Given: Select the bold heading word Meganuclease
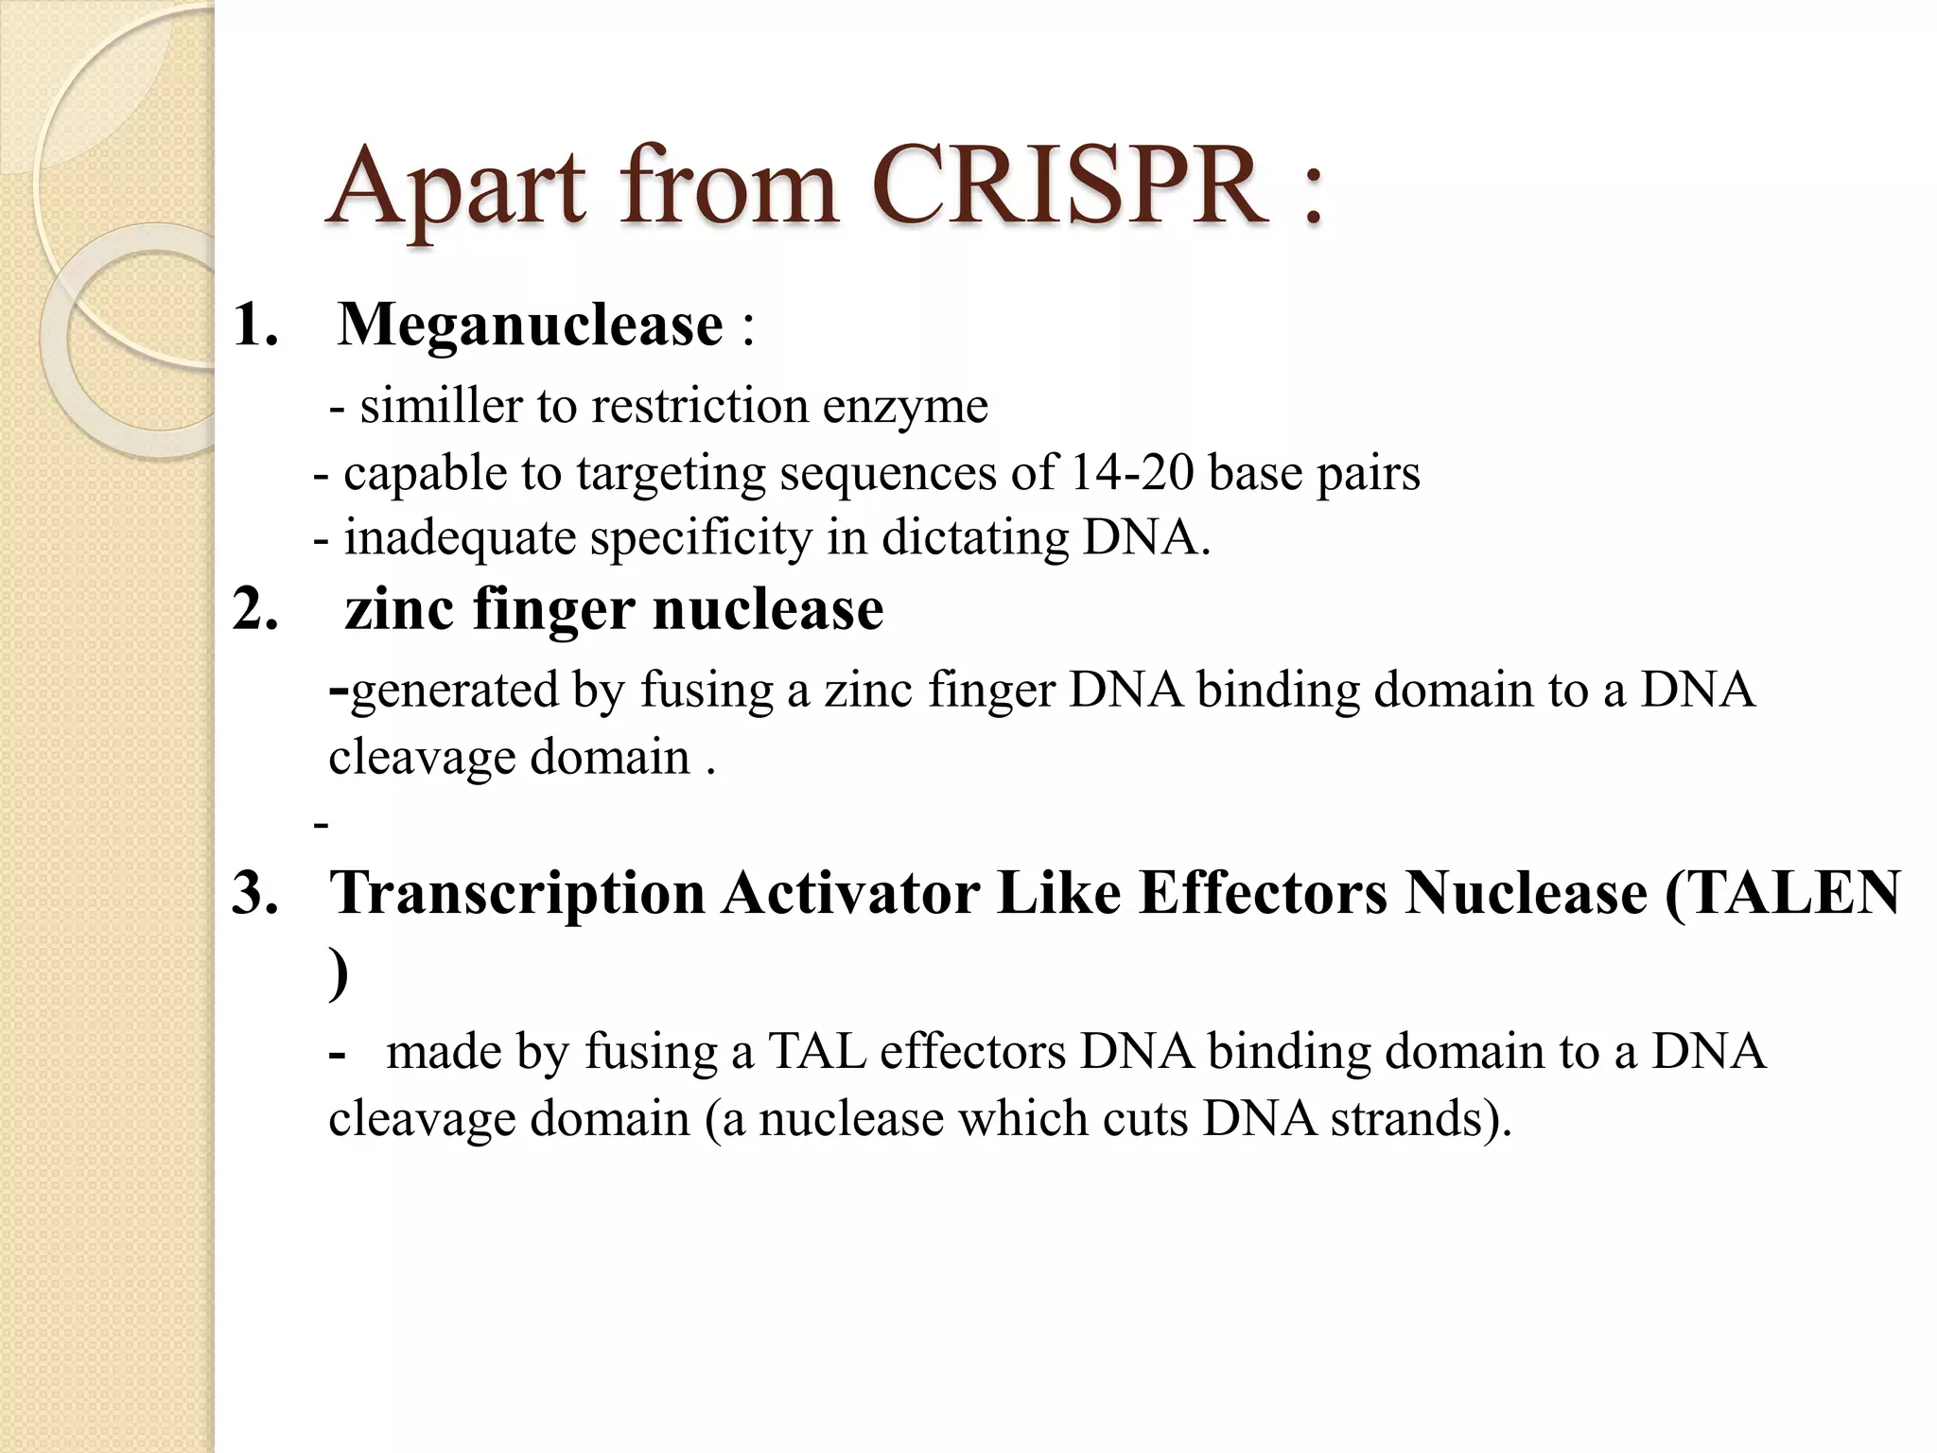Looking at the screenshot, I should click(x=531, y=324).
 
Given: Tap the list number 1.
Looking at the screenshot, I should click(x=255, y=324).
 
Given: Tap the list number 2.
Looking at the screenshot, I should click(x=255, y=608).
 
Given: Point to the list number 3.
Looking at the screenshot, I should click(x=255, y=892).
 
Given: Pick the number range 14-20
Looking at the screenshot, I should click(x=1131, y=472).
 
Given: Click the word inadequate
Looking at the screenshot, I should click(x=460, y=538).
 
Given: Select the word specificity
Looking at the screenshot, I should click(x=701, y=538).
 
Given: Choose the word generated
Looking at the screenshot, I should click(x=453, y=691).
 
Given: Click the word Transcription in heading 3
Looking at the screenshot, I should click(x=516, y=892).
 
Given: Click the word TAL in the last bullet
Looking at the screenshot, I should click(x=816, y=1052).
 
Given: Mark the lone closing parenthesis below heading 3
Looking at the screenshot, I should click(x=339, y=974).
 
